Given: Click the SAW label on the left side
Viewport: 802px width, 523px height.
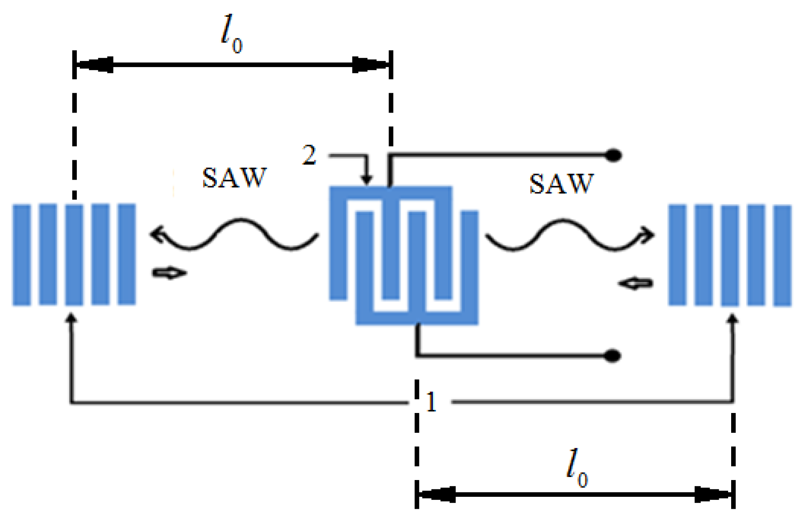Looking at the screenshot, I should click(x=234, y=177).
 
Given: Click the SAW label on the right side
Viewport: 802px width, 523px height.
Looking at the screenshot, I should click(x=562, y=184).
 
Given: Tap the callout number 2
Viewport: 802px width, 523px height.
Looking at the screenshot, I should click(x=309, y=155).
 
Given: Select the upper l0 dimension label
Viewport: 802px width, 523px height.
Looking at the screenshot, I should click(x=232, y=34).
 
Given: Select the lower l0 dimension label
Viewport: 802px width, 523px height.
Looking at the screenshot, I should click(x=577, y=468).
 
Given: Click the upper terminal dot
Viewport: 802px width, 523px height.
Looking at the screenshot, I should click(x=614, y=155).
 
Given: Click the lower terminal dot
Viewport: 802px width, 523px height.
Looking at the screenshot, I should click(x=612, y=356).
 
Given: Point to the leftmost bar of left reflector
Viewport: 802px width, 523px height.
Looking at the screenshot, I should click(x=21, y=255).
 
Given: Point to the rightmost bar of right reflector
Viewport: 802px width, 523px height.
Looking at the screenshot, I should click(x=782, y=255).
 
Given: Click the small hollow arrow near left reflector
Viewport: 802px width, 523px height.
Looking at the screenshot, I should click(x=170, y=273).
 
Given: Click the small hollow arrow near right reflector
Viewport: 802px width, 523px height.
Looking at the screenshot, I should click(x=636, y=284).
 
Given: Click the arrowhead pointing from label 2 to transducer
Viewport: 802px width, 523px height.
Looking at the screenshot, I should click(x=366, y=180).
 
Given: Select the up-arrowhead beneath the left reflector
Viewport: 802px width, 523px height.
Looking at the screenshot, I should click(x=72, y=318).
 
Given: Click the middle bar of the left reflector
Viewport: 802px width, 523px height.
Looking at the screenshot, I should click(x=74, y=255).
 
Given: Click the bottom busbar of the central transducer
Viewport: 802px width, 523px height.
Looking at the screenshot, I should click(x=416, y=318).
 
